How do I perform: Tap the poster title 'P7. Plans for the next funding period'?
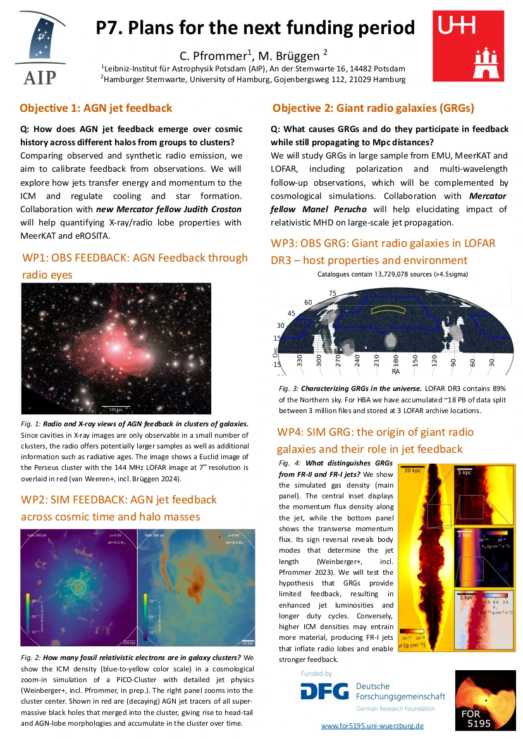coord(255,28)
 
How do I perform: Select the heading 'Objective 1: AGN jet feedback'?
coord(95,108)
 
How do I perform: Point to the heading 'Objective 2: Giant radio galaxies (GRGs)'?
coord(373,108)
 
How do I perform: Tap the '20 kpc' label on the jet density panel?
coord(412,471)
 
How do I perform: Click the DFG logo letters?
coord(324,692)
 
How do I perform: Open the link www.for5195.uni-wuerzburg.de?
coord(372,726)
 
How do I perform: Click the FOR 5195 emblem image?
coord(481,699)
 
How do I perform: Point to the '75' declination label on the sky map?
coord(333,294)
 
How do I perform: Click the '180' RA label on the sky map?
coord(396,361)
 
